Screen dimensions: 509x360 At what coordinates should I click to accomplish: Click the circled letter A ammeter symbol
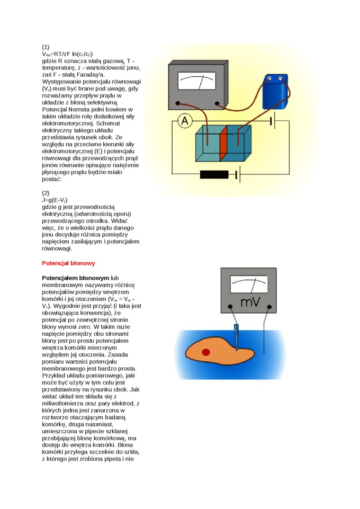click(x=185, y=121)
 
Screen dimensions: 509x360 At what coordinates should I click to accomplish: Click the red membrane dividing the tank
click(x=224, y=145)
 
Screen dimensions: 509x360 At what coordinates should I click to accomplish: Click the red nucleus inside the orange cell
click(x=206, y=352)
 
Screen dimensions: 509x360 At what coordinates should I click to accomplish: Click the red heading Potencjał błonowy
click(x=69, y=263)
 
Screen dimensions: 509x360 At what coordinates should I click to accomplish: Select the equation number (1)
click(x=46, y=47)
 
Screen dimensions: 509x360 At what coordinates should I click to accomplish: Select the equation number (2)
click(x=46, y=193)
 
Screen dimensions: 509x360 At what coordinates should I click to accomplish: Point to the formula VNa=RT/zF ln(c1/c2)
click(x=67, y=54)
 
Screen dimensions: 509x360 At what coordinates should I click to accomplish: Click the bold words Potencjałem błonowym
click(x=75, y=278)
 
